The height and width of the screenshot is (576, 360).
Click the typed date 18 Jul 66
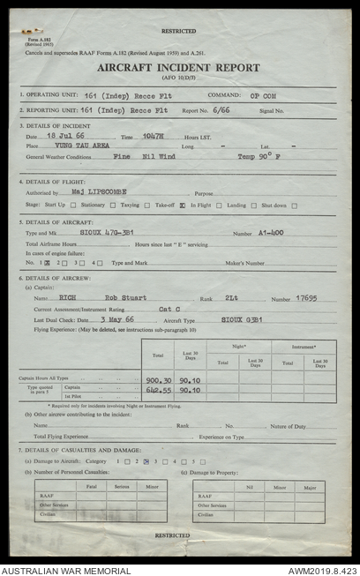click(64, 137)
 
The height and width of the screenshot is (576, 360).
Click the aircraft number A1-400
click(273, 233)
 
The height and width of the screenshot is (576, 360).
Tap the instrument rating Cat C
click(169, 310)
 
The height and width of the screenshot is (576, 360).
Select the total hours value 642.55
click(158, 390)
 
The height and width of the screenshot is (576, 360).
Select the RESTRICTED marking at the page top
click(179, 31)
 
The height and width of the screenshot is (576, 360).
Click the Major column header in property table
click(310, 487)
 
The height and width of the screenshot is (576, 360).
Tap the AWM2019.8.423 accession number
click(321, 570)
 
